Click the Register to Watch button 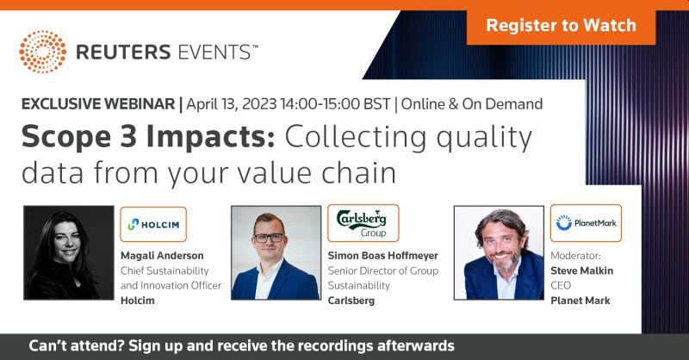(x=561, y=26)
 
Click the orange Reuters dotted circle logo (x=42, y=52)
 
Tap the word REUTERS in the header (x=123, y=53)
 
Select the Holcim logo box (x=153, y=224)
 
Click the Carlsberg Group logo (x=363, y=223)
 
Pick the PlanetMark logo (x=586, y=223)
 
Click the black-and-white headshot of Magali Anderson (x=69, y=252)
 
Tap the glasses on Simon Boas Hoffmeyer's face (x=269, y=238)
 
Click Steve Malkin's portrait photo (x=499, y=252)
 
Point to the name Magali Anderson (x=162, y=256)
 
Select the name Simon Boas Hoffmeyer (x=382, y=256)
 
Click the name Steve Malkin (x=582, y=270)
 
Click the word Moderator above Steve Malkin (x=575, y=256)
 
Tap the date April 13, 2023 (x=232, y=104)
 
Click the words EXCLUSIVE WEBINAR (x=98, y=104)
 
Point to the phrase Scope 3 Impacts (x=148, y=137)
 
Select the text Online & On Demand (x=472, y=104)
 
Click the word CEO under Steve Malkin (x=561, y=286)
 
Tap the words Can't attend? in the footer (x=77, y=346)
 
